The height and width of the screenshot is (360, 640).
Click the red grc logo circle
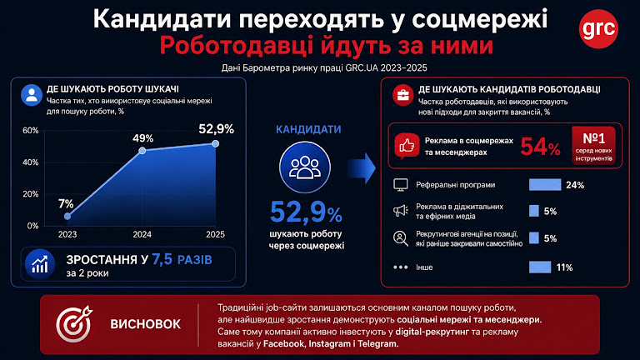click(x=598, y=28)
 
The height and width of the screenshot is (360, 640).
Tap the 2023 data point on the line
click(x=67, y=216)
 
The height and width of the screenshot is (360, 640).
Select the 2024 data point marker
click(x=142, y=151)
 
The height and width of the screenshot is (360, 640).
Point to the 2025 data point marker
click(x=216, y=143)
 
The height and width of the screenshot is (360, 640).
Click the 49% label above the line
click(x=142, y=138)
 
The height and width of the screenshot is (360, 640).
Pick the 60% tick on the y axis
click(x=31, y=131)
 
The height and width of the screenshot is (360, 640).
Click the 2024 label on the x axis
click(x=142, y=234)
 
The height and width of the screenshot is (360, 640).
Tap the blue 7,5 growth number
click(x=162, y=259)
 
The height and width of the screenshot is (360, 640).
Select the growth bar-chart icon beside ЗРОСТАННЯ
click(x=40, y=263)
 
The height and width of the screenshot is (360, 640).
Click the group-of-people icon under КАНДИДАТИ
click(x=305, y=167)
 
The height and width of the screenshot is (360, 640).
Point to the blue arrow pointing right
click(x=362, y=168)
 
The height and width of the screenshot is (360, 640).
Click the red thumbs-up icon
click(x=407, y=146)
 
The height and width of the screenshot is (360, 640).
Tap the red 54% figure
click(x=540, y=147)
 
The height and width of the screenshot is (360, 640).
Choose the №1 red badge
click(x=594, y=146)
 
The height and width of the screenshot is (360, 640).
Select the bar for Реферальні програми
click(x=545, y=185)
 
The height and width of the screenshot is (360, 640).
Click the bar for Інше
click(x=540, y=267)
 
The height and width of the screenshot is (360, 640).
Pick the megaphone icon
click(x=400, y=211)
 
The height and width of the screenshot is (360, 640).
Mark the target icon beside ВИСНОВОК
click(x=74, y=324)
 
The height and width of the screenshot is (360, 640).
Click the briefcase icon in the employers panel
click(x=402, y=96)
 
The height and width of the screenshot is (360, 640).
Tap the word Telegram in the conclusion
click(x=377, y=343)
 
